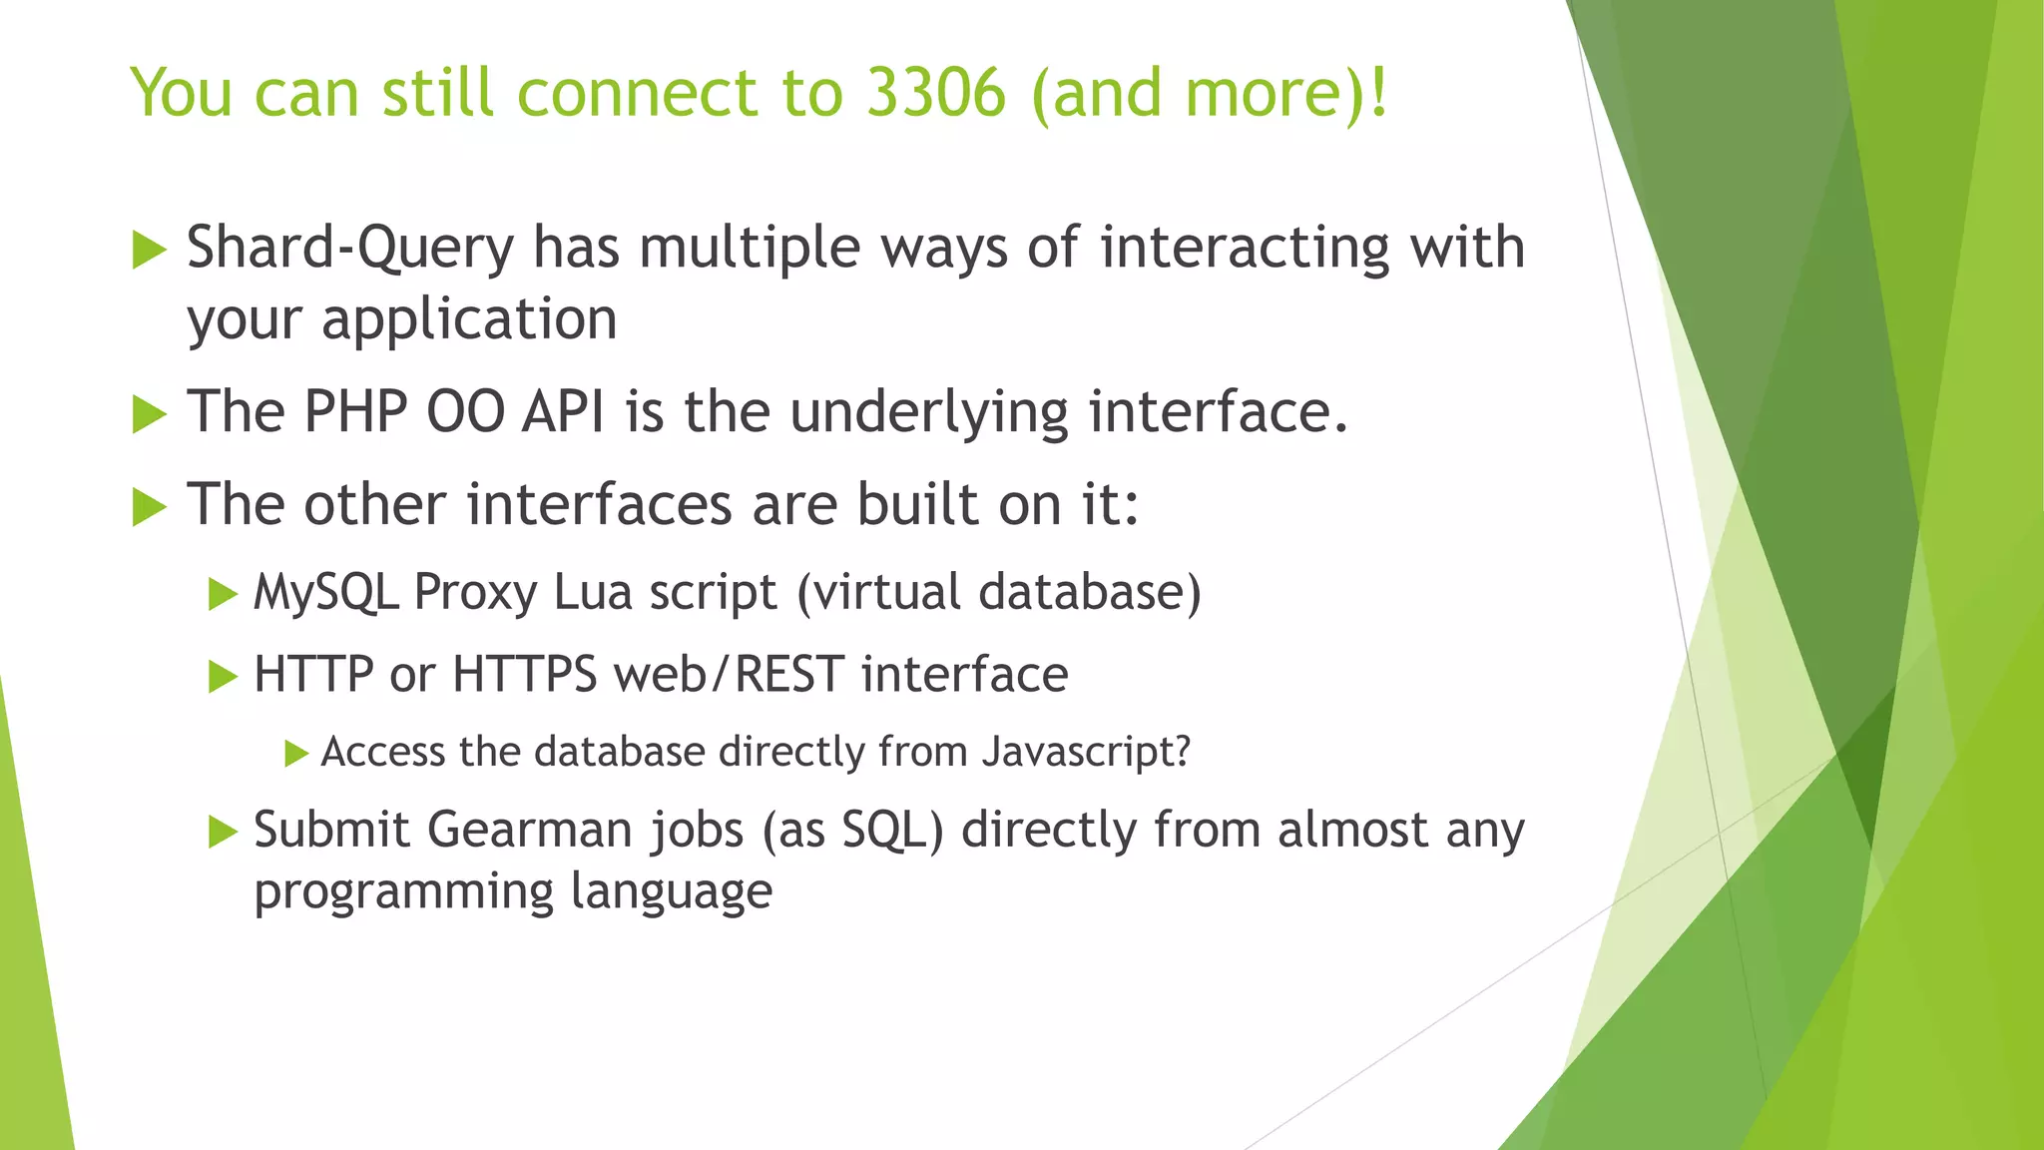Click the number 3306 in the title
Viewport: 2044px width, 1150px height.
coord(935,93)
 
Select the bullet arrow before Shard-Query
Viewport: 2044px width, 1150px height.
coord(149,250)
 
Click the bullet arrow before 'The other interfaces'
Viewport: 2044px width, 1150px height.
coord(149,507)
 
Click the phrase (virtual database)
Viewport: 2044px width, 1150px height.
coord(998,593)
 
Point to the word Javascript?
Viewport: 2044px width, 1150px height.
coord(1086,752)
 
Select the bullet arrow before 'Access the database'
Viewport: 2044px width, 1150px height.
coord(295,753)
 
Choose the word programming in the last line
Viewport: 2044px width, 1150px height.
coord(403,891)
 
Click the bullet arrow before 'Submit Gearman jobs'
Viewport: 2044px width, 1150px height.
coord(222,831)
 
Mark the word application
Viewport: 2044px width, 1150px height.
coord(469,320)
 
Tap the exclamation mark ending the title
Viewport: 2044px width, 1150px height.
coord(1378,93)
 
